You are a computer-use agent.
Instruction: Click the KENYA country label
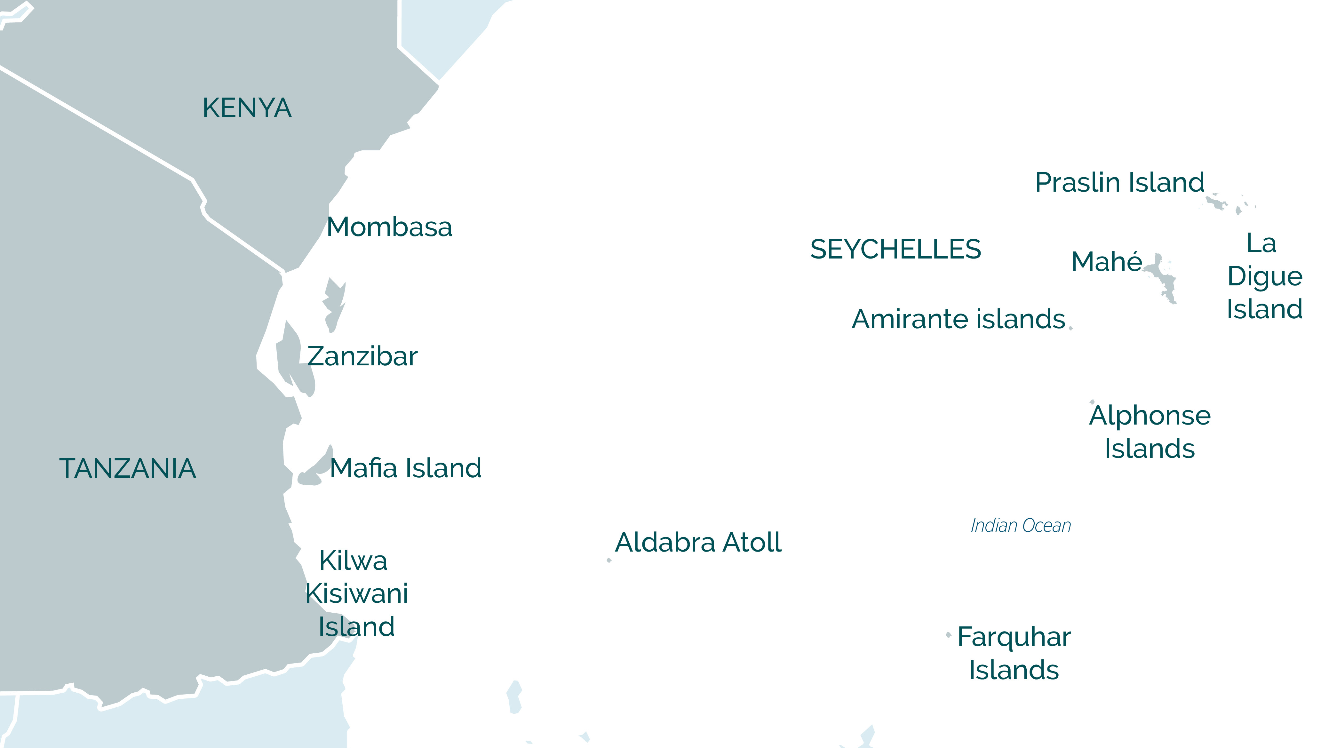[x=247, y=108]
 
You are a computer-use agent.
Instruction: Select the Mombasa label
[x=389, y=227]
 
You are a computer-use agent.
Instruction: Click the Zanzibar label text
[x=362, y=356]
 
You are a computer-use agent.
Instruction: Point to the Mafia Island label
[x=405, y=468]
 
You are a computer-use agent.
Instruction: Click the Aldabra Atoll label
[x=698, y=542]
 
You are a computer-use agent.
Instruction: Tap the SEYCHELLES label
[x=895, y=249]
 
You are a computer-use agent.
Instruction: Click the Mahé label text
[x=1107, y=261]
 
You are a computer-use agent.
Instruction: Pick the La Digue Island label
[x=1264, y=276]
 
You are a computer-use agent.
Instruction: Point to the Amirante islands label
[x=958, y=319]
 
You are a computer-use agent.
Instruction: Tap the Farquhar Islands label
[x=1014, y=653]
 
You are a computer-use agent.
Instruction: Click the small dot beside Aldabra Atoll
[x=609, y=560]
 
